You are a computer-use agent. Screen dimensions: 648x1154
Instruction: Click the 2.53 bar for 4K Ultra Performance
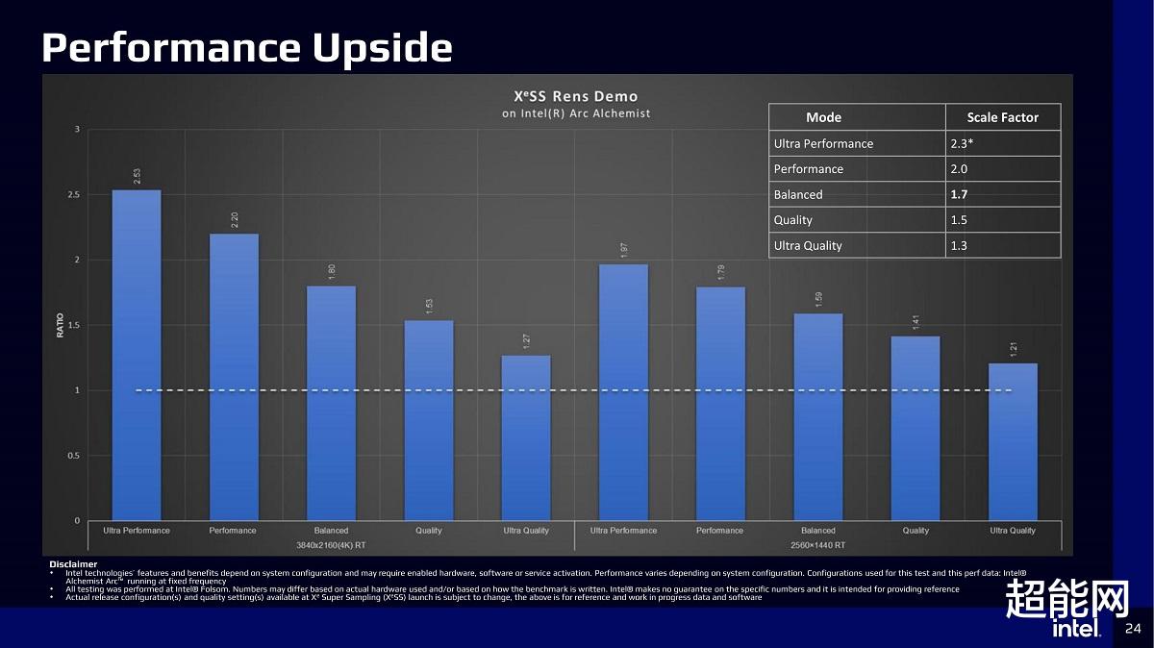[x=137, y=356]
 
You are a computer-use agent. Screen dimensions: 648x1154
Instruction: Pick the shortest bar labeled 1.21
[x=1013, y=442]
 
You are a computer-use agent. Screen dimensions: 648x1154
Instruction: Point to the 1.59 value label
[x=818, y=300]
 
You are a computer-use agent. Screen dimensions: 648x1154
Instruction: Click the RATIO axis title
[x=61, y=325]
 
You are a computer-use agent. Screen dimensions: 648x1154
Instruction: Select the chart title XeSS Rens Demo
[x=575, y=96]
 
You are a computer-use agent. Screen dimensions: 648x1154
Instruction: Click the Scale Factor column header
[x=1002, y=117]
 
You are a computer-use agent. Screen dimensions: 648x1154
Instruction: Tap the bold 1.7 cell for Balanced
[x=959, y=194]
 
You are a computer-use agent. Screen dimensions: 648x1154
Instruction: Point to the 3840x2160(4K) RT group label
[x=330, y=545]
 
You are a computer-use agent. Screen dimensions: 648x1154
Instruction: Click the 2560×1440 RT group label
[x=818, y=545]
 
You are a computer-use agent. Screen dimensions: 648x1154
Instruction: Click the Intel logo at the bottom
[x=1076, y=629]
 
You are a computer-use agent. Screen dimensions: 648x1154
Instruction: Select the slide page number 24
[x=1132, y=629]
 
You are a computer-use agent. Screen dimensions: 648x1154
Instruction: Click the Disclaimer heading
[x=73, y=563]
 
